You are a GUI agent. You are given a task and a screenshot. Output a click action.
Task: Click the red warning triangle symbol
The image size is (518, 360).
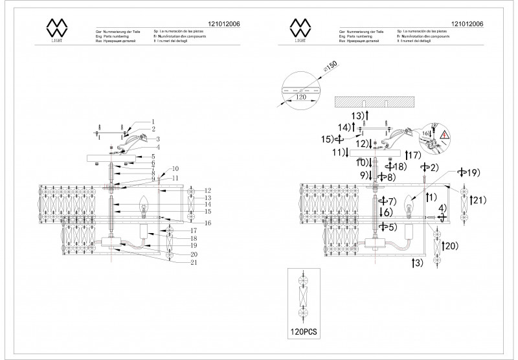(445, 136)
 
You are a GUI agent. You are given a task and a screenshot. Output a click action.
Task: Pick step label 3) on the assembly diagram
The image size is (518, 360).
(418, 262)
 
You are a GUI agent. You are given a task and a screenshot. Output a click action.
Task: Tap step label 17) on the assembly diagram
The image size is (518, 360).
(414, 155)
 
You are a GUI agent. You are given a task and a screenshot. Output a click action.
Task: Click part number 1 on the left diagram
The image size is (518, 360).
(153, 121)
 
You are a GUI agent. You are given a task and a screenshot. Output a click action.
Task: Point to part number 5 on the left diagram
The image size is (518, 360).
(153, 157)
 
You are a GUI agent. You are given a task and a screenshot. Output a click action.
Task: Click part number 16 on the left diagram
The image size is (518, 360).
(190, 222)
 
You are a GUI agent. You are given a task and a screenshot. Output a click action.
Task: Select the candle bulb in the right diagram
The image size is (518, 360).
(409, 206)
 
